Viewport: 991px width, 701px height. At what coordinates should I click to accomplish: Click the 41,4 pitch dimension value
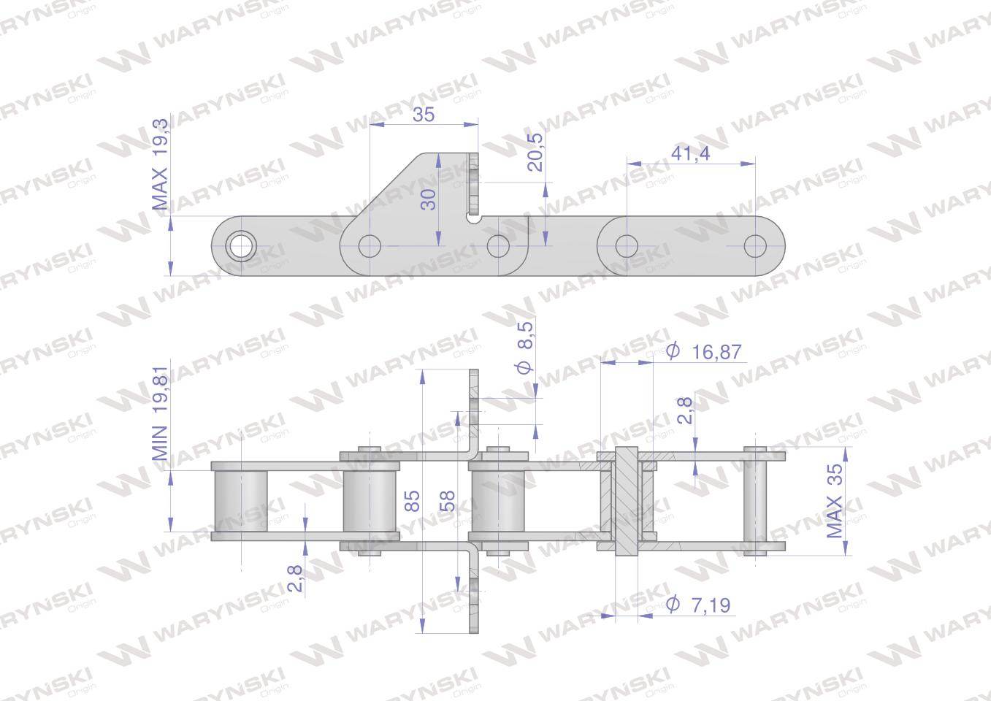click(690, 153)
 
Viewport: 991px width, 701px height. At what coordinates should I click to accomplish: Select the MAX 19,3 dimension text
click(160, 164)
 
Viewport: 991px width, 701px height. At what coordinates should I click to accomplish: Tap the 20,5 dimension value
click(535, 152)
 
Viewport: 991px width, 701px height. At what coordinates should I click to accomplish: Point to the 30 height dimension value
click(428, 199)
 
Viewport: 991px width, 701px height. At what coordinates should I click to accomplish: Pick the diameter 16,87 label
click(703, 352)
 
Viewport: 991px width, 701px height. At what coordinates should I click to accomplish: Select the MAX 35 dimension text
click(835, 501)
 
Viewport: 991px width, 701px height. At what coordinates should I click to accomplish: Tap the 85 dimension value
click(412, 501)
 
